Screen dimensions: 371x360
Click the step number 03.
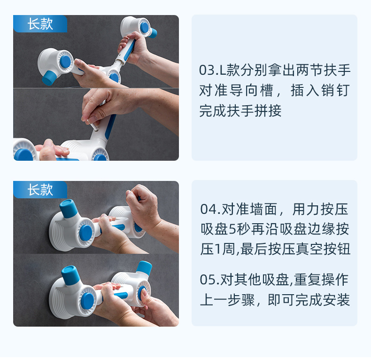coord(206,70)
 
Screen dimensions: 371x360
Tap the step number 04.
coord(208,210)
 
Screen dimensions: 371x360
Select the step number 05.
coord(207,280)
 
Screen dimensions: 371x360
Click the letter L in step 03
coord(223,70)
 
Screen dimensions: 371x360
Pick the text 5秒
coord(239,229)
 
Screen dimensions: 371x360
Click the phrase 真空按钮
coord(323,249)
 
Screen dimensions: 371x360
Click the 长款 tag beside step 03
coord(40,24)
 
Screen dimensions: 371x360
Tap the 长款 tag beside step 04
coord(40,190)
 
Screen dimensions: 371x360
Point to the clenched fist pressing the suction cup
coord(141,205)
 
